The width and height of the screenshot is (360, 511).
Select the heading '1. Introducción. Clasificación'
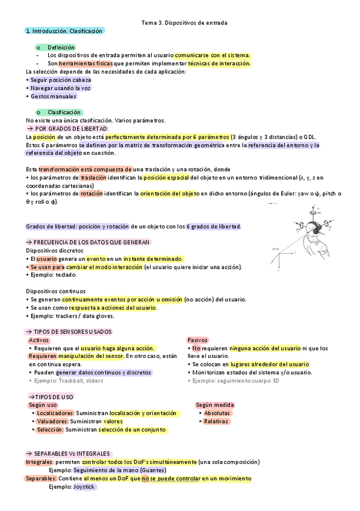[64, 31]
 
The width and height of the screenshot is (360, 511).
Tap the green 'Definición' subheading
[61, 47]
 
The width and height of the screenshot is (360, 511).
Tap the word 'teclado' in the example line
[66, 275]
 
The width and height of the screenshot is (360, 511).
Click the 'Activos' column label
[39, 340]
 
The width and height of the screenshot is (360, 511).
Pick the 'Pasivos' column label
[197, 340]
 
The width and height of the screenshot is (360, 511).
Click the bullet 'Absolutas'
[217, 413]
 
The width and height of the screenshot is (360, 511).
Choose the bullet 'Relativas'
[216, 422]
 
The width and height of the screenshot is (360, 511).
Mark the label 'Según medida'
[215, 405]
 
